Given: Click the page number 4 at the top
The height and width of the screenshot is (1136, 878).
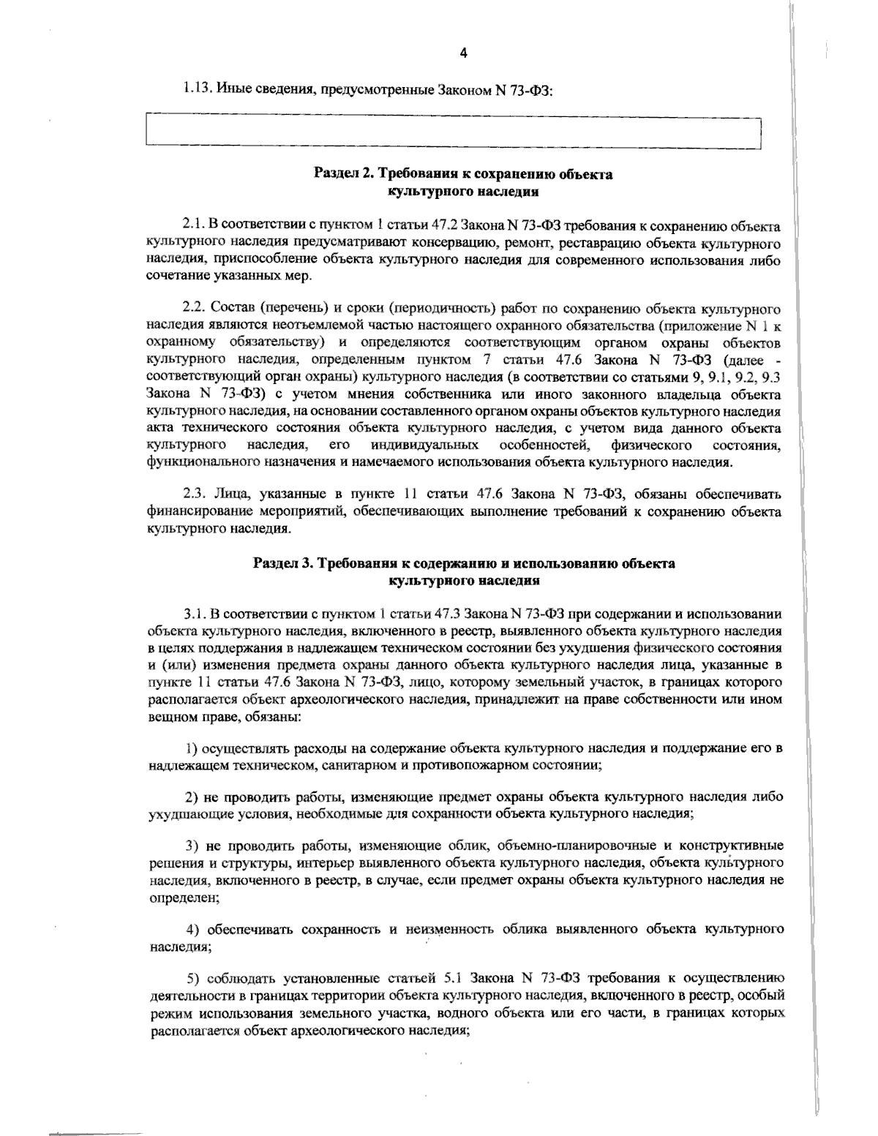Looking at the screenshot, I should pyautogui.click(x=462, y=53).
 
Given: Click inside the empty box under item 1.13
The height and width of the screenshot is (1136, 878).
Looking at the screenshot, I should pyautogui.click(x=454, y=132).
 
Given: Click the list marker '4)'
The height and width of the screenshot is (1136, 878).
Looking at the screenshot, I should pyautogui.click(x=193, y=930).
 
